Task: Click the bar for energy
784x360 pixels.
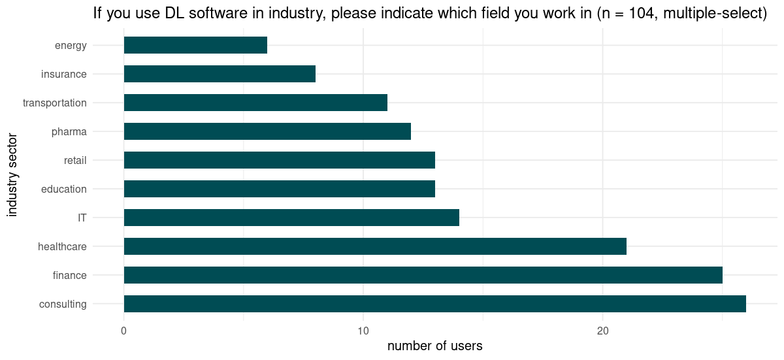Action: pos(195,45)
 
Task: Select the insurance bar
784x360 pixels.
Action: pos(220,74)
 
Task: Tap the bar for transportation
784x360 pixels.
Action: pos(255,103)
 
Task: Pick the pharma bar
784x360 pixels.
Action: pos(267,131)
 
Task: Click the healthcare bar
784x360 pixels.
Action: pos(375,246)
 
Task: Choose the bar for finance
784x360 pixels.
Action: pos(423,275)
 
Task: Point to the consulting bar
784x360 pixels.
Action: pos(434,304)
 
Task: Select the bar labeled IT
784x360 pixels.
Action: pos(291,218)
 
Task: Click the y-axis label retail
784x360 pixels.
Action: pos(75,160)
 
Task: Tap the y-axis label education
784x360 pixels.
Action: pos(63,189)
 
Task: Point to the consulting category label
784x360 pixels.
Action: pos(63,304)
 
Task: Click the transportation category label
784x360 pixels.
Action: pos(54,103)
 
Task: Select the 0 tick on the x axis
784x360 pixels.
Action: pos(123,331)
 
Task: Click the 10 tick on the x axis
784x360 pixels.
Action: pos(363,331)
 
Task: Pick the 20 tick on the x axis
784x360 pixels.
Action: pos(602,331)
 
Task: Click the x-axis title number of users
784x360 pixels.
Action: pos(434,346)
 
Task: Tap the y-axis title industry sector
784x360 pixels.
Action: pos(12,174)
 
